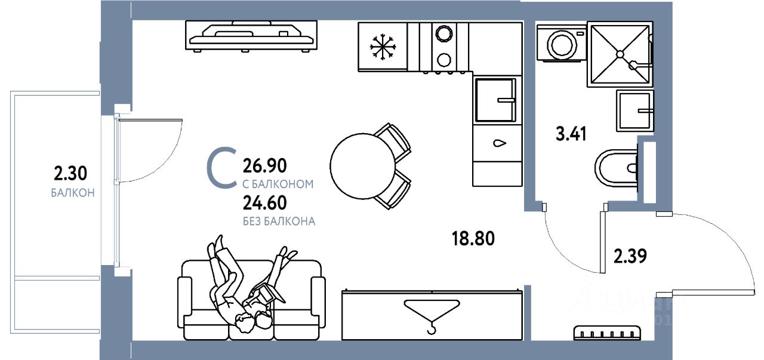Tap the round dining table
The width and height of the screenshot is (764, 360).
coord(362,164)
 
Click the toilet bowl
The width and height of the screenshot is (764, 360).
coord(615,169)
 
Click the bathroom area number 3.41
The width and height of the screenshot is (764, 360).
coord(572,133)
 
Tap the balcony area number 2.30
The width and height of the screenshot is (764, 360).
coord(70,174)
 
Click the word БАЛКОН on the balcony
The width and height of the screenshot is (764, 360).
coord(73,193)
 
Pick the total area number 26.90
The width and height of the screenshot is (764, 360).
coord(265,165)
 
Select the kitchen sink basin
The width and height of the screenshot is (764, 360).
coord(494,100)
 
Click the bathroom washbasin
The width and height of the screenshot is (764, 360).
coord(634,111)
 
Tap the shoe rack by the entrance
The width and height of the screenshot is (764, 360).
coord(607,333)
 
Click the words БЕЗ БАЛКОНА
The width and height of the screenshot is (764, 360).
coord(279,221)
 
